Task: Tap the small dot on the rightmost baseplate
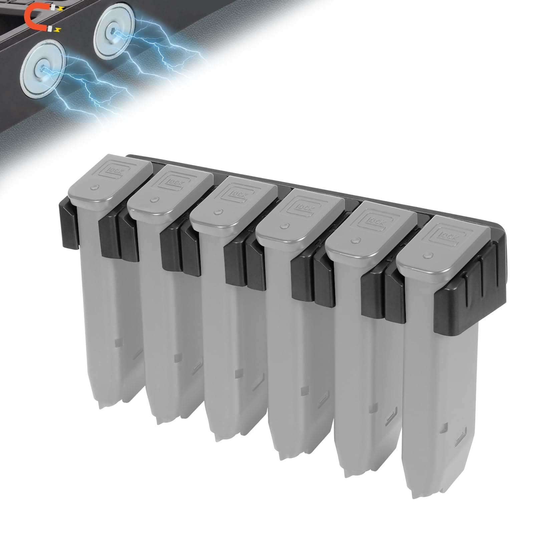[426, 256]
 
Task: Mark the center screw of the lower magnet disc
[41, 68]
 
